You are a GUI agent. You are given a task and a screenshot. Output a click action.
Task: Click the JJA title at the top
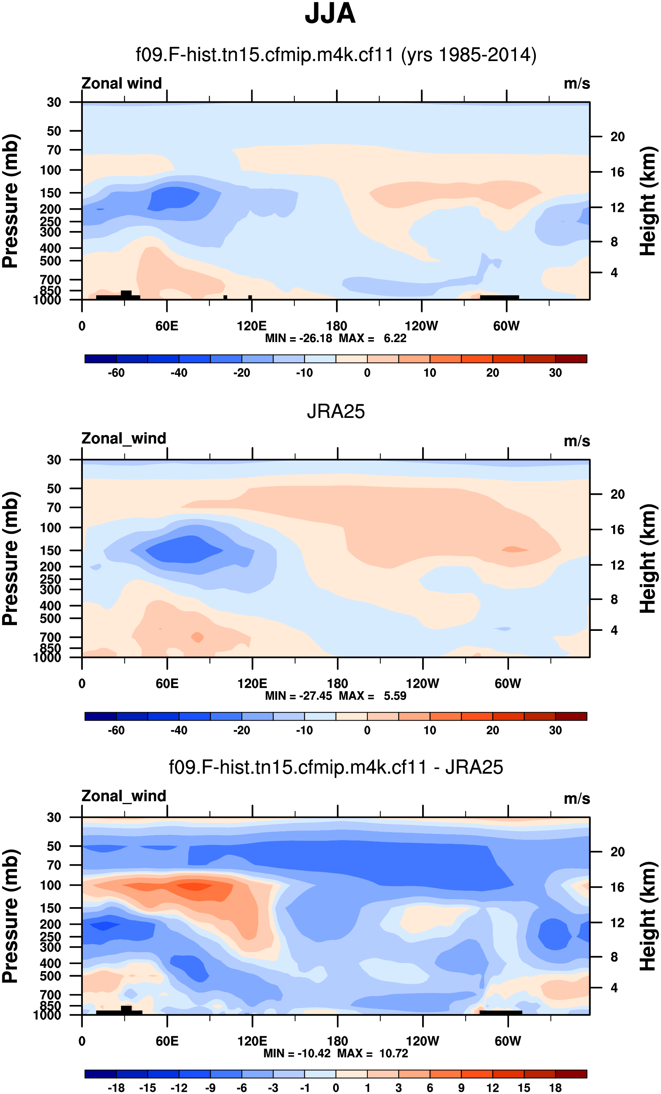[x=330, y=14]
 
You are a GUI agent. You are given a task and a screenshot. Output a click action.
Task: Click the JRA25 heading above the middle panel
[x=335, y=412]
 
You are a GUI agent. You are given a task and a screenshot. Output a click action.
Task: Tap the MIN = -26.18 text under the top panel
[x=298, y=338]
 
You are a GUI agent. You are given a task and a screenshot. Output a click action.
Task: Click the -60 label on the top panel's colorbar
[x=116, y=373]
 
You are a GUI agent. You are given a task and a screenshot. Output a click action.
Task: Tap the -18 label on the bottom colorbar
[x=116, y=1088]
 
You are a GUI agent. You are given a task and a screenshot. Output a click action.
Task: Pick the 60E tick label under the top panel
[x=167, y=326]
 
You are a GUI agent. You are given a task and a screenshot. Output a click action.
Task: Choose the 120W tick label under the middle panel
[x=423, y=684]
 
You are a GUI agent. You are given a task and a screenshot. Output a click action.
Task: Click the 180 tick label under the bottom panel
[x=337, y=1041]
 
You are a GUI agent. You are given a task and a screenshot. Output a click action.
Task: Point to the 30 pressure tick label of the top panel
[x=54, y=103]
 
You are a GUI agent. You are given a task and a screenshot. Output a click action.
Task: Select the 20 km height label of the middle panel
[x=617, y=494]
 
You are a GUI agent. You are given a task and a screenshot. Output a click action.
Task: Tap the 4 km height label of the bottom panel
[x=614, y=988]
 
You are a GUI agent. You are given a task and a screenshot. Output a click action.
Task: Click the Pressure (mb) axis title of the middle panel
[x=11, y=558]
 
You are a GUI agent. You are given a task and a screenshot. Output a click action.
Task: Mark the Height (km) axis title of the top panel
[x=648, y=201]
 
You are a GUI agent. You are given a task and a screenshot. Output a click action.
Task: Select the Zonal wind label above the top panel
[x=121, y=84]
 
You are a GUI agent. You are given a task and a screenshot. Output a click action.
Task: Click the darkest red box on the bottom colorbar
[x=571, y=1074]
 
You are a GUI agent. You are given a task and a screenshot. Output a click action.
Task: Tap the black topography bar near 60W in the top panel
[x=499, y=297]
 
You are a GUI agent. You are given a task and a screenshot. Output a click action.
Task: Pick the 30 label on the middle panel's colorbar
[x=555, y=730]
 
